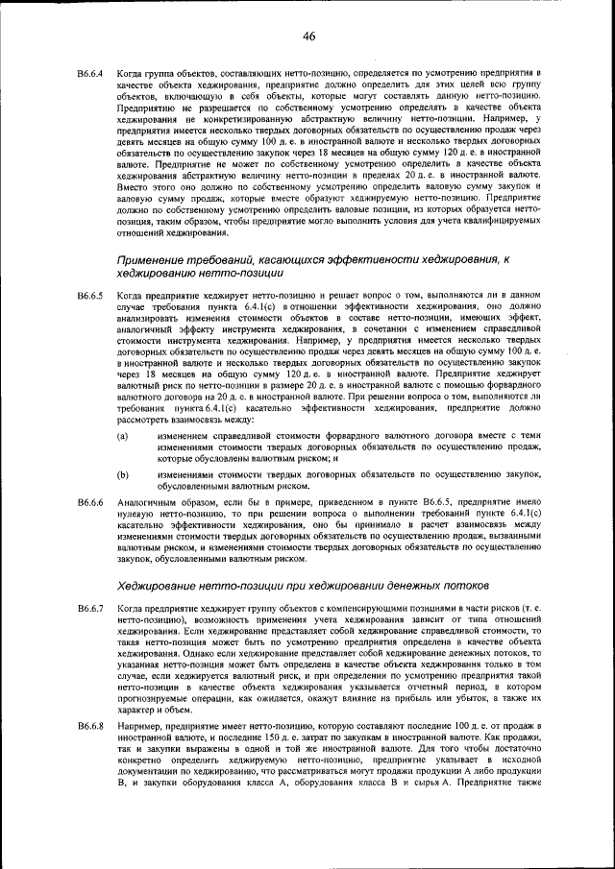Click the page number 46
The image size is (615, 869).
coord(308,36)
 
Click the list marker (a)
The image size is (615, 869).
coord(123,437)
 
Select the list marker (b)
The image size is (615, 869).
coord(123,474)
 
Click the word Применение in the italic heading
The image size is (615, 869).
coord(156,260)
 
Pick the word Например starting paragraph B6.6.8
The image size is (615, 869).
coord(142,727)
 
